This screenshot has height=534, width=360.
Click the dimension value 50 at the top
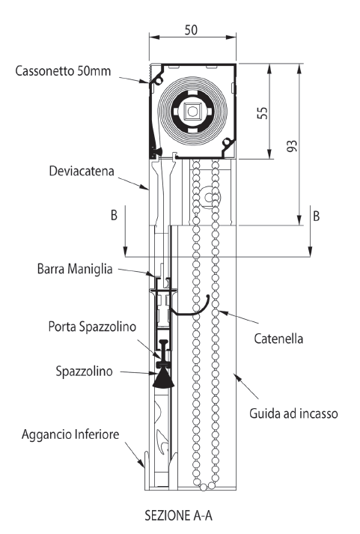[191, 30]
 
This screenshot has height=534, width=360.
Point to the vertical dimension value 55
[263, 113]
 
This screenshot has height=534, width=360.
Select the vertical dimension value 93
[292, 146]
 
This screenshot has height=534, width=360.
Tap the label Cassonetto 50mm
[63, 71]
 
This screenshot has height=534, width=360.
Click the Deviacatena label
[82, 171]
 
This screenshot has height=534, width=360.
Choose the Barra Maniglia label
[75, 269]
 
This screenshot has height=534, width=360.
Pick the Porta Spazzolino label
[92, 327]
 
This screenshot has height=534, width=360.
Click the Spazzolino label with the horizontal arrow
[84, 371]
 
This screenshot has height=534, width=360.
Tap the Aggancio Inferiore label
[70, 434]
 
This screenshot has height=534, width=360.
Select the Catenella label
[278, 339]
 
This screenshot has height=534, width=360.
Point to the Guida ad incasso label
[293, 413]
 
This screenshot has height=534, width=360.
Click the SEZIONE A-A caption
[179, 515]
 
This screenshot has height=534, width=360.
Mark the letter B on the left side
[114, 215]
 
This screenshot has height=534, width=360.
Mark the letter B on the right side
[316, 216]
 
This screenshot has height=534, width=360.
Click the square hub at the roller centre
[192, 111]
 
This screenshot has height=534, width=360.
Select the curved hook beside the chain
[191, 309]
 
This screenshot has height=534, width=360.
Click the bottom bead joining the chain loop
[203, 488]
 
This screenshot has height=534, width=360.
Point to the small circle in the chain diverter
[208, 197]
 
